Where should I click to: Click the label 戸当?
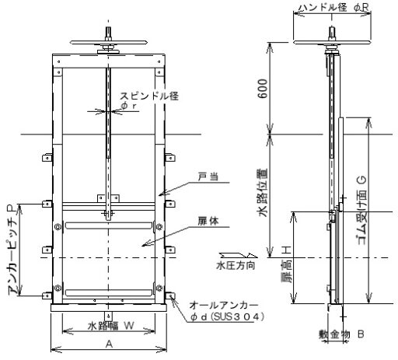(x=208, y=177)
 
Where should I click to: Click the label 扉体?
(x=208, y=222)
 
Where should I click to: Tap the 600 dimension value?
(x=263, y=89)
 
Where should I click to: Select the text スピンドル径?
(x=149, y=96)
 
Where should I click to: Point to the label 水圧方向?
(x=236, y=266)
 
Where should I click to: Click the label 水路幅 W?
(x=111, y=326)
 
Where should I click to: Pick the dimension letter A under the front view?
(x=110, y=344)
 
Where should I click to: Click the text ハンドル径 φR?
(x=333, y=8)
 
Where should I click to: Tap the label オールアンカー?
(x=224, y=306)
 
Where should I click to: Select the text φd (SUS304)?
(x=227, y=316)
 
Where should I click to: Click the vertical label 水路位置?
(x=263, y=193)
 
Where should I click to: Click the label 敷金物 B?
(x=341, y=334)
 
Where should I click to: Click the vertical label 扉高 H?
(x=287, y=264)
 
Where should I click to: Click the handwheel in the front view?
(x=109, y=42)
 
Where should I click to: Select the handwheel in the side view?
(x=332, y=42)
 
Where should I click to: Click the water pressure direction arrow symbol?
(x=239, y=255)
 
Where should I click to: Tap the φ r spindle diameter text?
(x=128, y=106)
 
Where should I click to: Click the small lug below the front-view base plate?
(x=108, y=316)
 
